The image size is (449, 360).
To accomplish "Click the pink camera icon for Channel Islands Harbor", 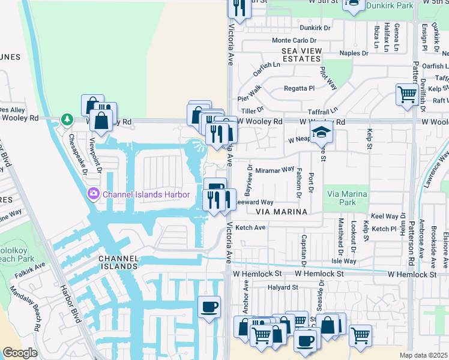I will [93, 194].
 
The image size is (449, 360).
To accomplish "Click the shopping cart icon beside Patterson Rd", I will [407, 94].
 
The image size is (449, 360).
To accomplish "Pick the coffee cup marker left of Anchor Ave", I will [209, 307].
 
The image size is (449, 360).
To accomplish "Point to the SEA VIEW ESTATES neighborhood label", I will [301, 55].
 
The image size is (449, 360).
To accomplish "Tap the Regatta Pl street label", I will [298, 88].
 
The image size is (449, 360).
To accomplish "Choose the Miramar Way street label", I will [274, 170].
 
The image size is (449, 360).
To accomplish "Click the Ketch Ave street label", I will [250, 228].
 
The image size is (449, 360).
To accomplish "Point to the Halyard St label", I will [283, 287].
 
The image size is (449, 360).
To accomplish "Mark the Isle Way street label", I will [344, 261].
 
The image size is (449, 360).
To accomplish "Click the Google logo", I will [20, 353].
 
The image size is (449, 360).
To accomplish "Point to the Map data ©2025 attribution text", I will [423, 355].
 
